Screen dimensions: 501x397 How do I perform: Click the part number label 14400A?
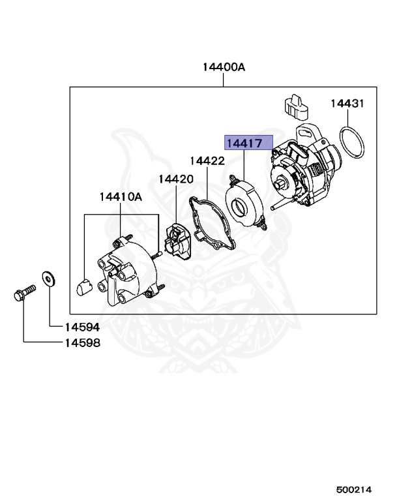(224, 67)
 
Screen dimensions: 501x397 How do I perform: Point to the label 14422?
(207, 160)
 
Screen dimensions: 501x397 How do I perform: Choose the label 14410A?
(121, 196)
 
